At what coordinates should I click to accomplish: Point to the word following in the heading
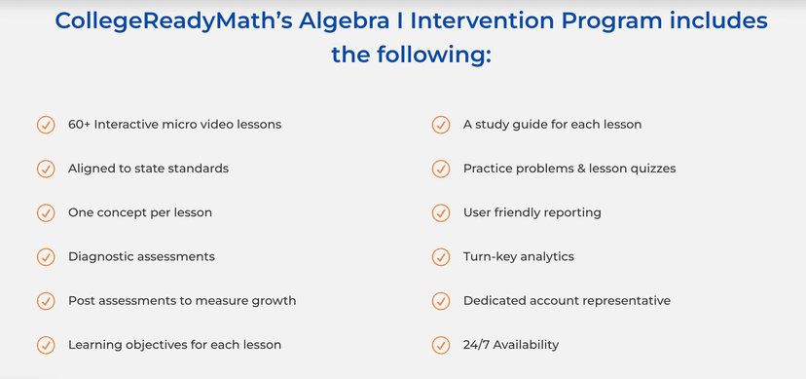[x=437, y=55]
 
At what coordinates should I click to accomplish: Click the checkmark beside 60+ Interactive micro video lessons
[x=45, y=125]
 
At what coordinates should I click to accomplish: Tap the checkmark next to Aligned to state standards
[x=45, y=169]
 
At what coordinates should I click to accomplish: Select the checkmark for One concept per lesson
[x=45, y=212]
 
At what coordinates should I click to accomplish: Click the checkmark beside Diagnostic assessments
[x=45, y=256]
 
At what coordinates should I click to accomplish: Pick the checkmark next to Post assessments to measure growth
[x=45, y=301]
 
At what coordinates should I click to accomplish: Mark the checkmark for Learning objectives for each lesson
[x=45, y=345]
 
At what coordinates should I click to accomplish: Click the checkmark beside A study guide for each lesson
[x=441, y=125]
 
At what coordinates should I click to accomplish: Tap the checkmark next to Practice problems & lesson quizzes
[x=441, y=169]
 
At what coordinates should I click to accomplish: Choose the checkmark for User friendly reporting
[x=441, y=212]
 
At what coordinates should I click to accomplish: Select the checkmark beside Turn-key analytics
[x=441, y=256]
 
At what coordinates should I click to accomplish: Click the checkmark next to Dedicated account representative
[x=441, y=301]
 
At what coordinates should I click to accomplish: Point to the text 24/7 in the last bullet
[x=479, y=345]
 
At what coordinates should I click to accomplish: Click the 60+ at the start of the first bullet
[x=79, y=125]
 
